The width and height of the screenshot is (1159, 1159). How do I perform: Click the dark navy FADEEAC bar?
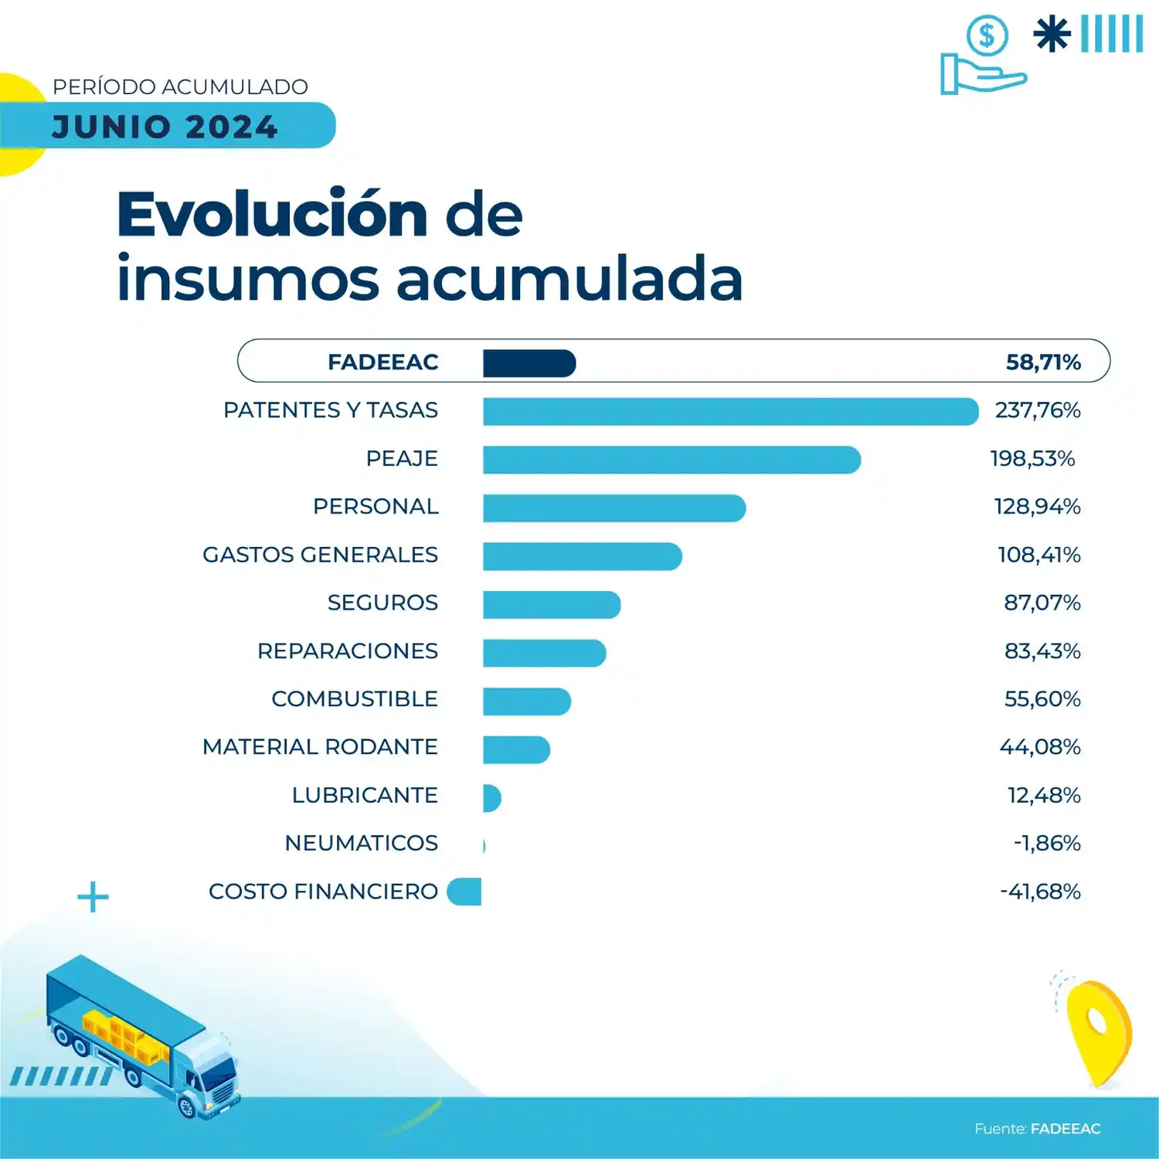[529, 363]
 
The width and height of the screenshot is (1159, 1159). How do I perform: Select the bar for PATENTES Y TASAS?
[730, 412]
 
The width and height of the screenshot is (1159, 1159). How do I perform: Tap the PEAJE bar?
[671, 460]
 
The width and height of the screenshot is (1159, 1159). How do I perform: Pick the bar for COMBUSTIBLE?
[527, 702]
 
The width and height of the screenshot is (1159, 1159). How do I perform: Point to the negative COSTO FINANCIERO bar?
[464, 892]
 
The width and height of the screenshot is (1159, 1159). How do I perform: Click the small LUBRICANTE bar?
[491, 797]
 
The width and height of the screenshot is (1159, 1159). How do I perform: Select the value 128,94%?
[1037, 507]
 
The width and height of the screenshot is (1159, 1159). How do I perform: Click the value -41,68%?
[1040, 892]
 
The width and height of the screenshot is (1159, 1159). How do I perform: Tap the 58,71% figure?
[1042, 362]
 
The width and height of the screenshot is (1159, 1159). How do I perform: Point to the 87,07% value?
[1042, 603]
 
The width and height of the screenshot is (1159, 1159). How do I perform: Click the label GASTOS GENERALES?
[320, 555]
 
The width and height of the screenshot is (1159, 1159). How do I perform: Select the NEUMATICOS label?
[361, 843]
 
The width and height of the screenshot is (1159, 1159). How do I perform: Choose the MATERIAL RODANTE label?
[320, 747]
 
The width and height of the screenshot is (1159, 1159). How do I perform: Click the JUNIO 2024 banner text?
[165, 127]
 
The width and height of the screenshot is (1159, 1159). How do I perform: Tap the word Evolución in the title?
[272, 215]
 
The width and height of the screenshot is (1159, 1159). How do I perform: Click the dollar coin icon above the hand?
[987, 36]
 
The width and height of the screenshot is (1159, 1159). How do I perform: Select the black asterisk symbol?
[1052, 35]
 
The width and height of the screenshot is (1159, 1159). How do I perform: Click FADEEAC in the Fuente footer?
[1066, 1129]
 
